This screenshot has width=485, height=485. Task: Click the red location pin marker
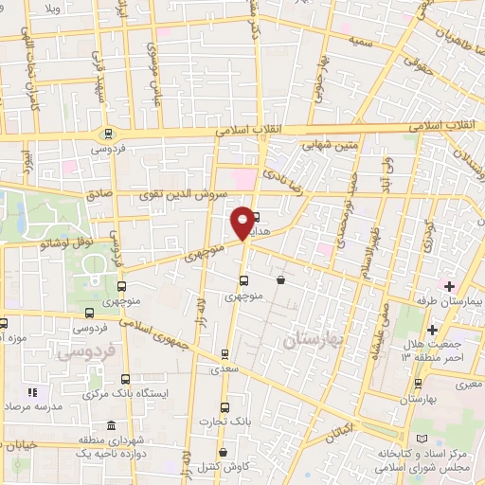point(243,222)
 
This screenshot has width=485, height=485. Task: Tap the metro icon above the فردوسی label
point(109,134)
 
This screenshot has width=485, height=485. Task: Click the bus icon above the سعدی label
point(225,354)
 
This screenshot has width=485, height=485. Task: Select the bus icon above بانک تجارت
point(220,403)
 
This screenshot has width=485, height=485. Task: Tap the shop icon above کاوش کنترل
point(223,453)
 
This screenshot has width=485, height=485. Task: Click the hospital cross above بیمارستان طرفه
point(449,286)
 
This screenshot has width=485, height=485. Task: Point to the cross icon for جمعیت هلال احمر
point(432,330)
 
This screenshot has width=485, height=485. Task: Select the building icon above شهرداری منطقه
point(113,423)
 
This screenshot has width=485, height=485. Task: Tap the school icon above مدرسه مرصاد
point(32,391)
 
